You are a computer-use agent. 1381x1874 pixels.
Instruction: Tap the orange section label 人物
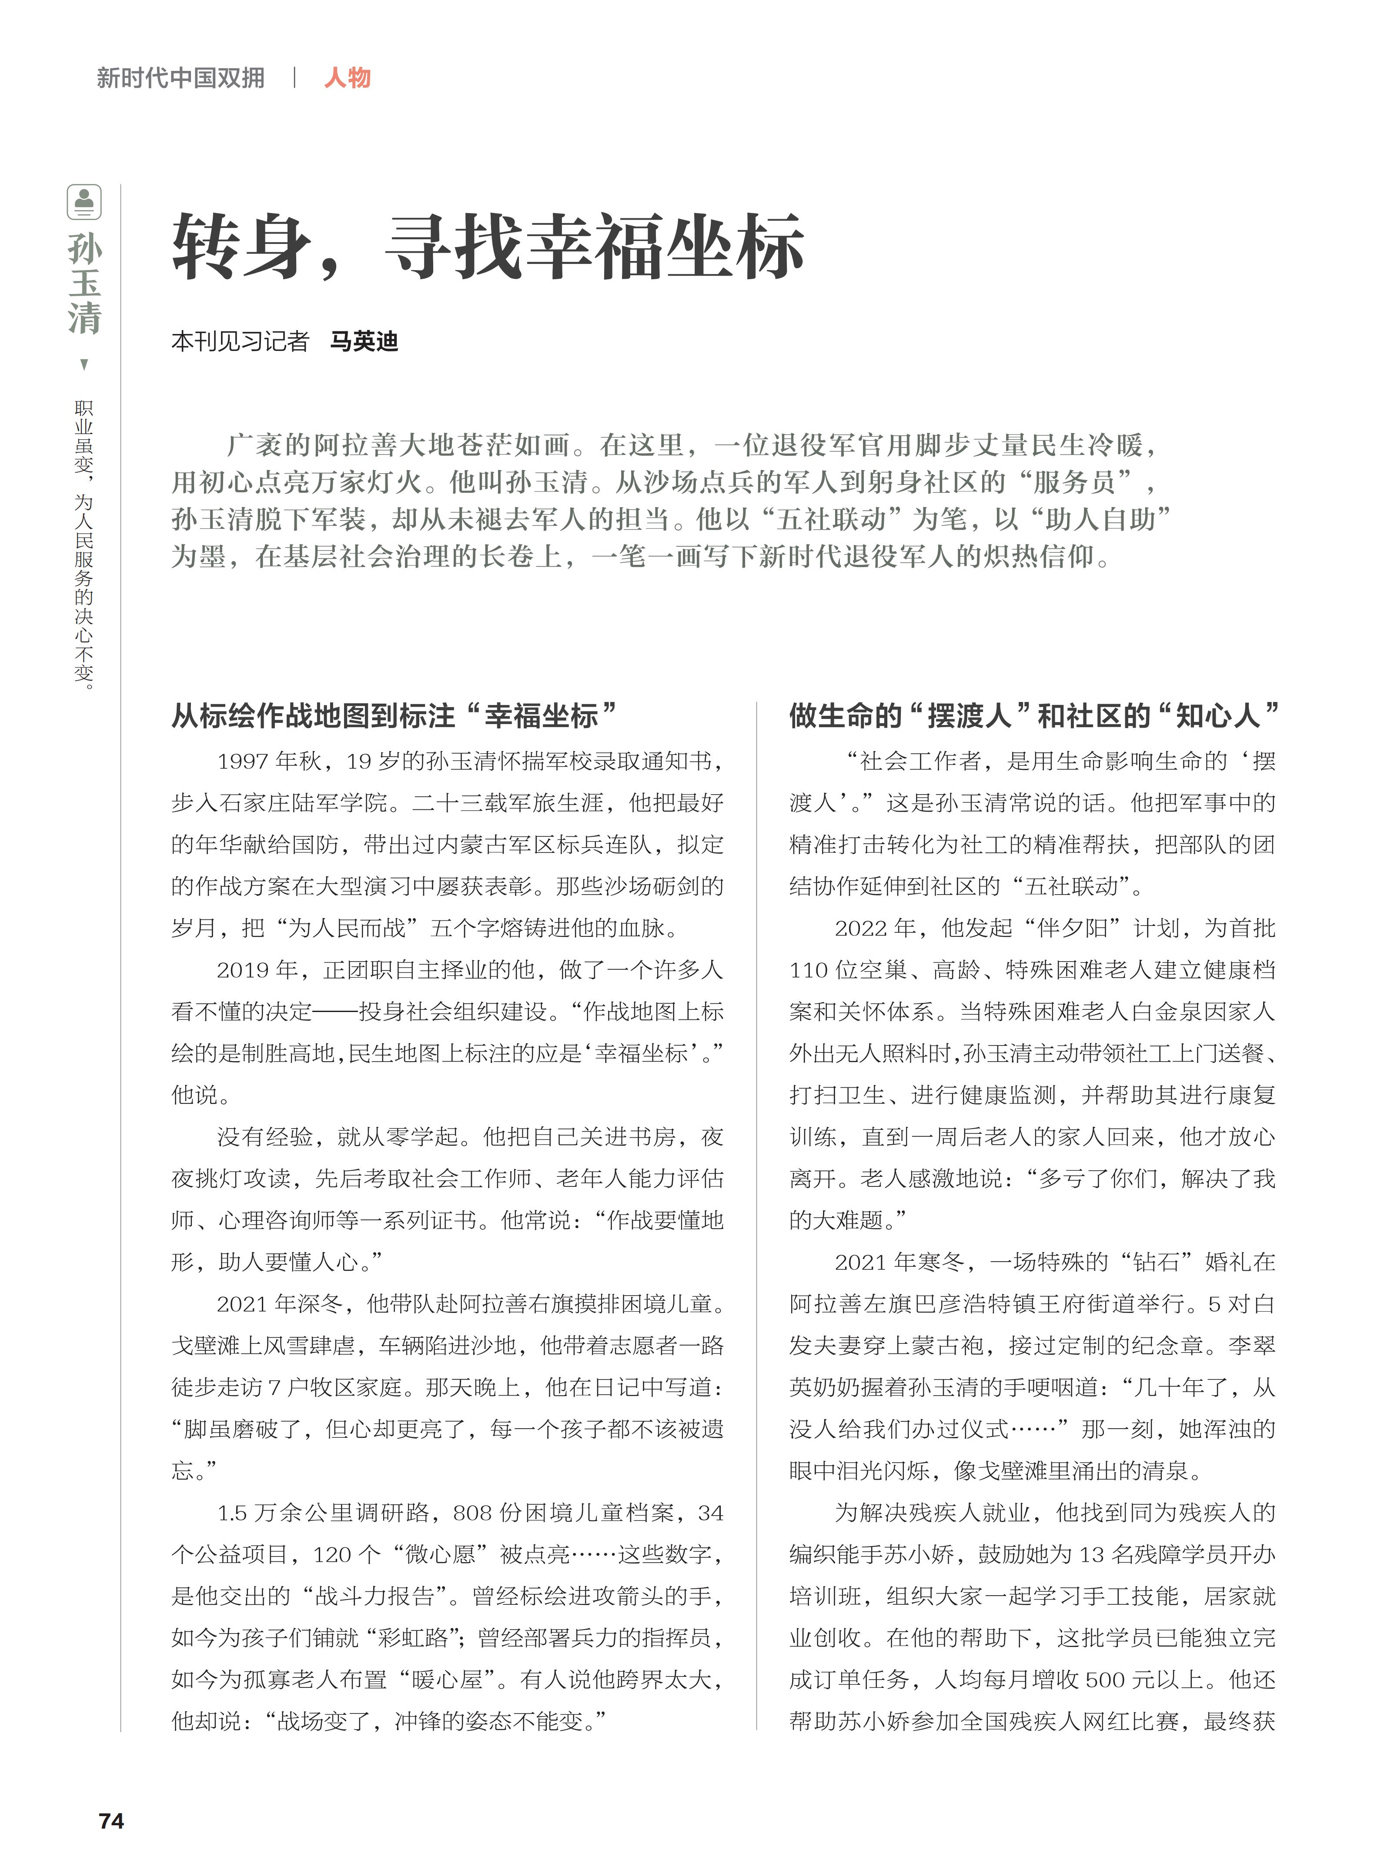(x=347, y=78)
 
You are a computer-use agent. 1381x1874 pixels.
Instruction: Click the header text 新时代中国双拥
(x=181, y=78)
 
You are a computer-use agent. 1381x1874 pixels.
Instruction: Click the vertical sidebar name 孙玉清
(x=84, y=284)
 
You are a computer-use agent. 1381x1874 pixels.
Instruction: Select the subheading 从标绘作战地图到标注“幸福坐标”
(x=393, y=715)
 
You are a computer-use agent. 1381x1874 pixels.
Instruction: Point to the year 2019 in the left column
(x=243, y=969)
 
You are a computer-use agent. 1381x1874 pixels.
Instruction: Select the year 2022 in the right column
(x=862, y=928)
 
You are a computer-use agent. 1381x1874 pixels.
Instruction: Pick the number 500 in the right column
(x=1108, y=1680)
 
